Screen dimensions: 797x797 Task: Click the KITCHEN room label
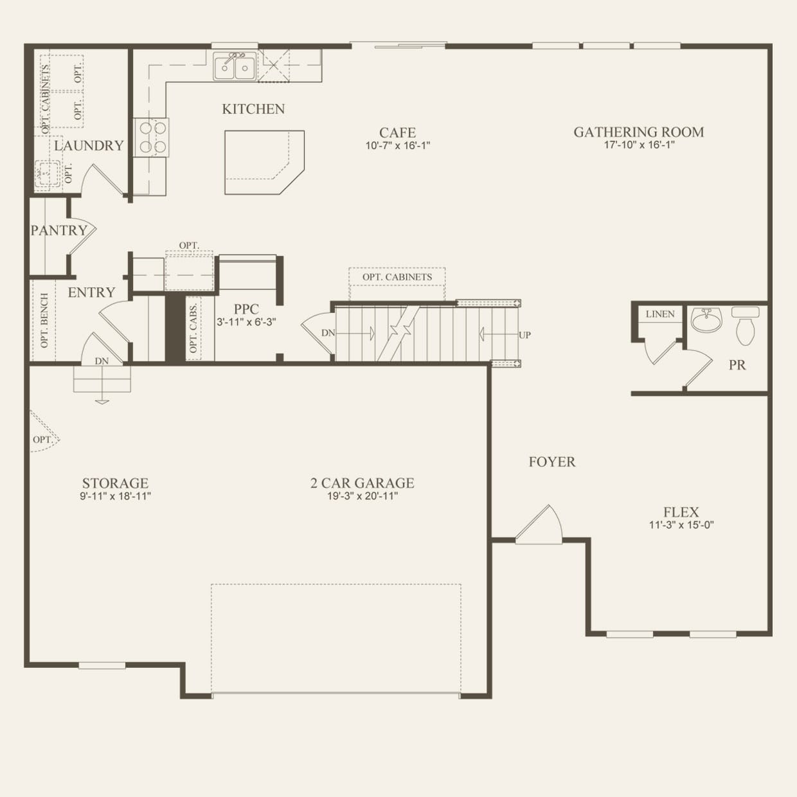coord(253,109)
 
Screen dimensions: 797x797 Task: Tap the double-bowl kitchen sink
coord(235,67)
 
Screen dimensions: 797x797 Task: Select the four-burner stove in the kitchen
coord(152,138)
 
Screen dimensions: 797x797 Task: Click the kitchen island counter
coord(264,162)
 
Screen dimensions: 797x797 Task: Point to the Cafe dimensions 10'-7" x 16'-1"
coord(397,146)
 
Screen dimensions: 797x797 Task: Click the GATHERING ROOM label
coord(639,132)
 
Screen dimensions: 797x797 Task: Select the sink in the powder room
coord(706,319)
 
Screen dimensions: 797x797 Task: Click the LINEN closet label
coord(660,314)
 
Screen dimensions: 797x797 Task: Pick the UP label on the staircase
coord(525,335)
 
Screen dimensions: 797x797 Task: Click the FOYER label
coord(551,461)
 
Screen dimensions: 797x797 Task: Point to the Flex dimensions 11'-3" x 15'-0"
coord(681,525)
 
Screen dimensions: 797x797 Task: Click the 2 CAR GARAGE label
coord(363,483)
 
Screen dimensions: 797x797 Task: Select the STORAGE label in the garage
coord(115,483)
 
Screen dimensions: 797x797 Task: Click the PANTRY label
coord(59,230)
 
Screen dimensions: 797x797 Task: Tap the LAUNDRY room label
coord(89,146)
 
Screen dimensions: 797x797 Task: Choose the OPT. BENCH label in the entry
coord(44,320)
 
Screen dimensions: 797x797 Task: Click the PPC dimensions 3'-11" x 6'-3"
coord(246,322)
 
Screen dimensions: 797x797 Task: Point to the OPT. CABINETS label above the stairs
coord(397,276)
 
